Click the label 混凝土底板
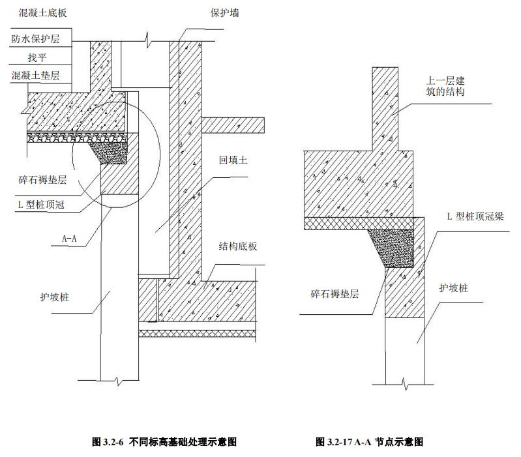38,12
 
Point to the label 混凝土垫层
35,76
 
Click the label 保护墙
224,12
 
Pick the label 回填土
233,159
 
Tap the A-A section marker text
70,239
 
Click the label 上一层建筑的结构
445,86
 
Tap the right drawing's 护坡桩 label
454,287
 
